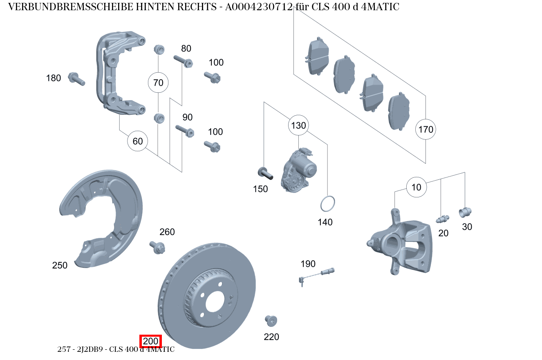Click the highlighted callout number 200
click(x=151, y=341)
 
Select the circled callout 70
click(x=158, y=83)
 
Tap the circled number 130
click(x=298, y=125)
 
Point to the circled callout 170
click(x=426, y=130)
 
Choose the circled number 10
click(x=416, y=187)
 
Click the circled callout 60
click(x=138, y=141)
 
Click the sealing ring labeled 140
click(x=327, y=204)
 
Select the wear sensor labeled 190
click(x=317, y=274)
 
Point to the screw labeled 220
click(x=271, y=321)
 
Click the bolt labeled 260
click(x=157, y=247)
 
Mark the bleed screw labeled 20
click(x=442, y=219)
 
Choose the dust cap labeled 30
click(x=465, y=212)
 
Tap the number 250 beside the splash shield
click(x=60, y=265)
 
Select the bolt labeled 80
click(x=184, y=61)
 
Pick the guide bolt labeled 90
click(x=185, y=130)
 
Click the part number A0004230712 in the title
click(x=258, y=7)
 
